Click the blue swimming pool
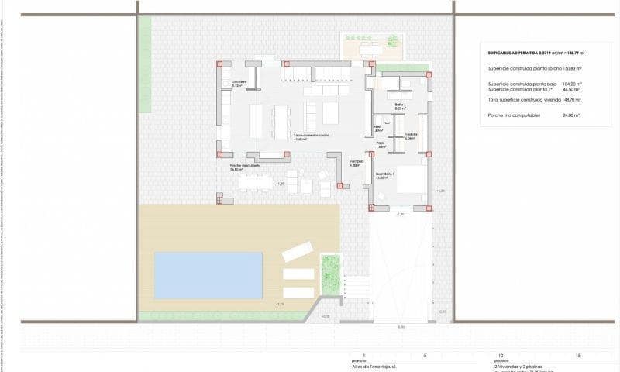click(x=208, y=275)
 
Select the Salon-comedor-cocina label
click(x=311, y=135)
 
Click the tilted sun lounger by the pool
click(x=298, y=251)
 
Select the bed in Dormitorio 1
click(x=412, y=181)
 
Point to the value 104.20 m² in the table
click(x=572, y=83)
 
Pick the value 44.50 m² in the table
click(x=573, y=88)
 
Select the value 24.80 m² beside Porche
click(x=572, y=115)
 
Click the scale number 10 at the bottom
click(x=500, y=355)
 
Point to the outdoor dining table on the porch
click(x=256, y=183)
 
